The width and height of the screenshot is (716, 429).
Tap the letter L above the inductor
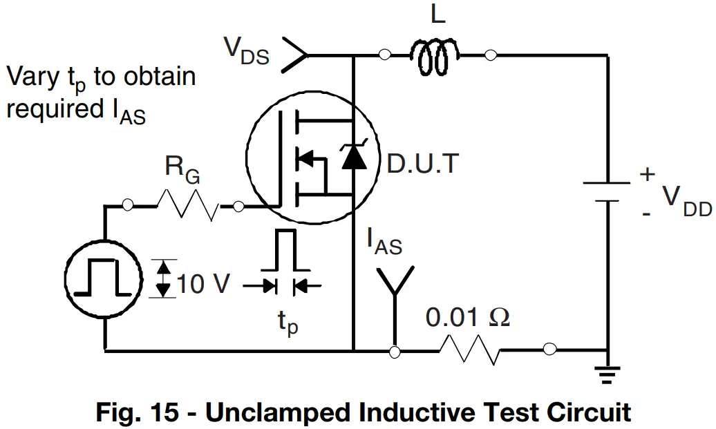(x=437, y=15)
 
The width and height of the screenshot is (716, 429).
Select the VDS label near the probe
(x=246, y=50)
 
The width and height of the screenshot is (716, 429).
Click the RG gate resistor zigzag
(x=188, y=206)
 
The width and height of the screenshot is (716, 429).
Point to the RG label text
(x=182, y=169)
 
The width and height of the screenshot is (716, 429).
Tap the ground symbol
(x=607, y=374)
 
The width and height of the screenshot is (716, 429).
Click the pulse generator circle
(x=104, y=278)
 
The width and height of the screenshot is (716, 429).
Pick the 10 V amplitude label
(x=202, y=283)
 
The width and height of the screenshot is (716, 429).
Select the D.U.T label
(x=422, y=164)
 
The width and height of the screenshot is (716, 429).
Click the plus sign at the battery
(x=647, y=174)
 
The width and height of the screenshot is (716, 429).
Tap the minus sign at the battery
(x=646, y=213)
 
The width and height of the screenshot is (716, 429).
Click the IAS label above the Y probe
(x=384, y=241)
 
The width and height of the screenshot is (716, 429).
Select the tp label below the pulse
(x=288, y=322)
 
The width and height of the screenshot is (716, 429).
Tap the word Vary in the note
(x=32, y=77)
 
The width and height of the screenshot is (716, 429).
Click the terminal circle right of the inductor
(x=490, y=55)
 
